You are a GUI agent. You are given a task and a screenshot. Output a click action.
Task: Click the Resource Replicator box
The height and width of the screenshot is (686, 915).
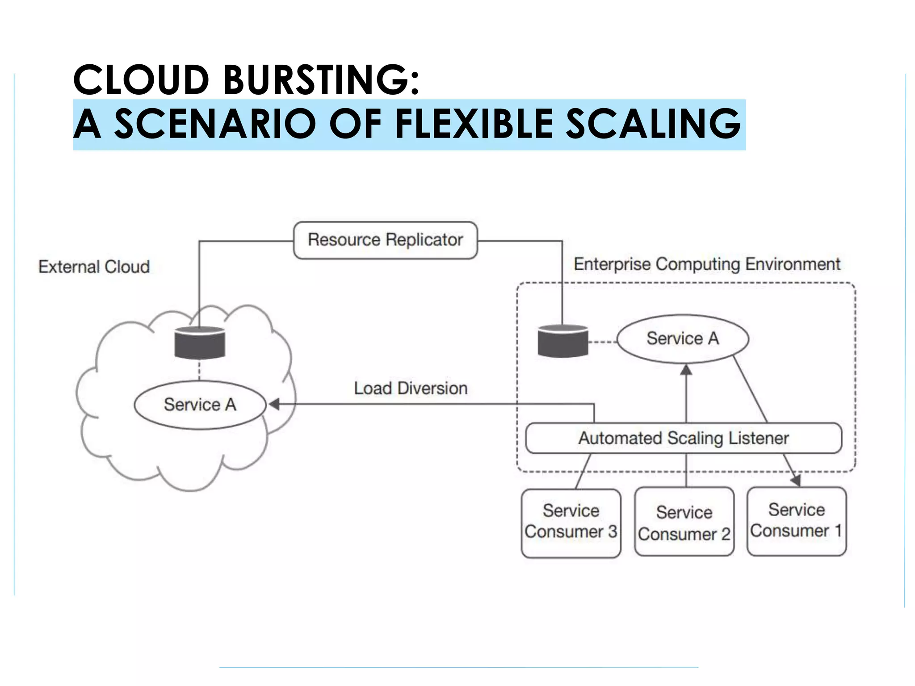point(385,240)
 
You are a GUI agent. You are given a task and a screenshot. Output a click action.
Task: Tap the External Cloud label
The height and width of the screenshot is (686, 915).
point(94,267)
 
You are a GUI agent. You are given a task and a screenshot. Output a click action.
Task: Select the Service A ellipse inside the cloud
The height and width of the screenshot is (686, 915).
point(200,405)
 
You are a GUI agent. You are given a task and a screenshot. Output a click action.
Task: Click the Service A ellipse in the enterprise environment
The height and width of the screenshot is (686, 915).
point(682,339)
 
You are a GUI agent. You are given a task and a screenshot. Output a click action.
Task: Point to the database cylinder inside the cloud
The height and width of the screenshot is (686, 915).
point(200,343)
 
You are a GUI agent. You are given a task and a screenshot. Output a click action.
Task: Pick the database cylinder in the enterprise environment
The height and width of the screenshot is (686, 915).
point(562,341)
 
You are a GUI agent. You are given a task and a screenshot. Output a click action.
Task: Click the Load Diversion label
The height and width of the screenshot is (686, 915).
point(411,388)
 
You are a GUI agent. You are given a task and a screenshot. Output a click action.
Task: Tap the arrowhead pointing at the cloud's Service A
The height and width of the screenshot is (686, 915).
point(274,404)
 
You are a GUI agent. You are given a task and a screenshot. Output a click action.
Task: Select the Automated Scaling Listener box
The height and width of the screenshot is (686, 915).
point(684,438)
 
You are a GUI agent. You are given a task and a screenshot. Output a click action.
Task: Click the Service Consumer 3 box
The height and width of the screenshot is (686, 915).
point(571,523)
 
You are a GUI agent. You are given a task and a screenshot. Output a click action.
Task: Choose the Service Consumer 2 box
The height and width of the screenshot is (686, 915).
point(684,522)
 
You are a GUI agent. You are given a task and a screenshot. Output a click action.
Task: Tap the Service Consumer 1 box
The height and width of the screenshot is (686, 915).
point(797,521)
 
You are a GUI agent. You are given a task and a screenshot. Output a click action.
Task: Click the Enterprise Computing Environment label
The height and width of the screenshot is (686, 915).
point(707,264)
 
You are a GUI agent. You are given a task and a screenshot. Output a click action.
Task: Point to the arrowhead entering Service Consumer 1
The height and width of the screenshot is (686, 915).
point(796,481)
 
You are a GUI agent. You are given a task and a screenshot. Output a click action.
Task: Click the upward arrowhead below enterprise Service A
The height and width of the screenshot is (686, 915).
point(686,370)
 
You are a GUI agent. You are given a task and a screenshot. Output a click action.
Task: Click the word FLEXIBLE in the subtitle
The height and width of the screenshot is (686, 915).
point(474,124)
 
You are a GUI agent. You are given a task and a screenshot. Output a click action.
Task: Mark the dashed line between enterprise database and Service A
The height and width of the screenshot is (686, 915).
point(603,343)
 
